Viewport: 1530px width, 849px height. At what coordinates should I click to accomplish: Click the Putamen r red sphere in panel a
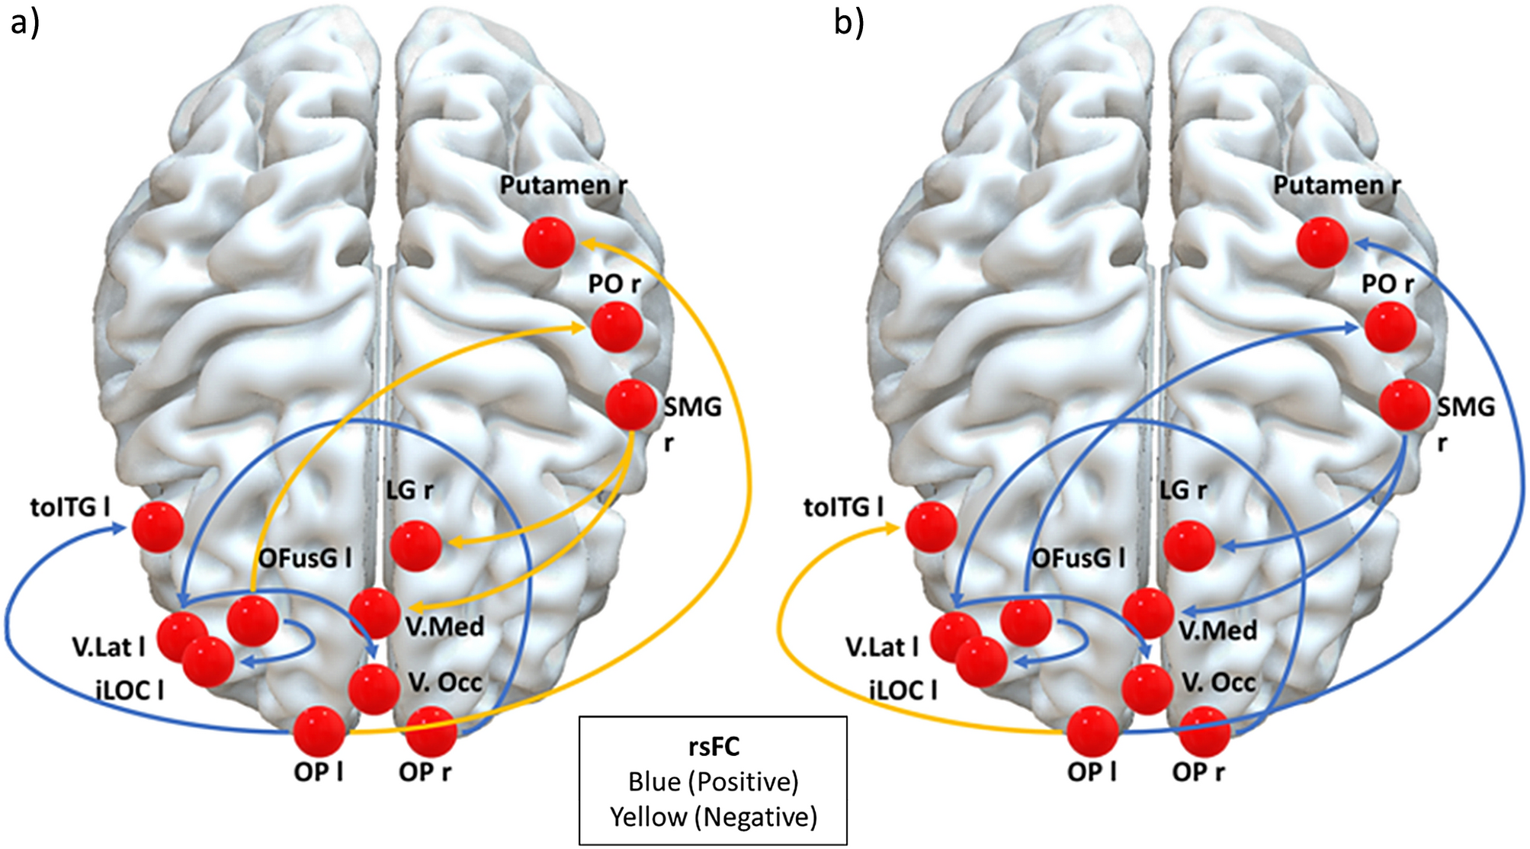click(549, 242)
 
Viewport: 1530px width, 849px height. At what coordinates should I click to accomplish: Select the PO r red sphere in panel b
click(1390, 327)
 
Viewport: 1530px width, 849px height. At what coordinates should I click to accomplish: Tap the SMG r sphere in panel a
click(631, 405)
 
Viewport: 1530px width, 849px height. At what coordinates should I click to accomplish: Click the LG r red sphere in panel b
click(1189, 546)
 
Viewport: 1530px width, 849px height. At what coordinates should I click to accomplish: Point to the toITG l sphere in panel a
click(158, 527)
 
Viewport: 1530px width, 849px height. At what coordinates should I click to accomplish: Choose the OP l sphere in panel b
click(1092, 732)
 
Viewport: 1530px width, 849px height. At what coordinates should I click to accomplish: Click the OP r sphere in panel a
click(431, 732)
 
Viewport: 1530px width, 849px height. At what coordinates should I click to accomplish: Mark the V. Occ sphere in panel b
click(1148, 689)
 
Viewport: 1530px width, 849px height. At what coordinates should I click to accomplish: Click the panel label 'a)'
click(24, 23)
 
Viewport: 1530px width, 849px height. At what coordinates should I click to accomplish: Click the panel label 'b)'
click(849, 23)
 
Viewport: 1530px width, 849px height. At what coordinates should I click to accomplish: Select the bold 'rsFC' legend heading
click(714, 746)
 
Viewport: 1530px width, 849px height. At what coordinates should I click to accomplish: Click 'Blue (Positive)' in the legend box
click(714, 782)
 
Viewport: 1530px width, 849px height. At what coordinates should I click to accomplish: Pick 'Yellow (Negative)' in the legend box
click(714, 817)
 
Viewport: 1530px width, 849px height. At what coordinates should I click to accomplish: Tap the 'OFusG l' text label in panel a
click(305, 559)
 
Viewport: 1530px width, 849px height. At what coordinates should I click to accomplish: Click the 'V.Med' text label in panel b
click(1217, 630)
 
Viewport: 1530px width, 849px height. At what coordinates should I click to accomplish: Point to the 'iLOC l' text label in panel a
click(130, 690)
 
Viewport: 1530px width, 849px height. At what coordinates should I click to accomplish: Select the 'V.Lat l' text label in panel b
click(881, 648)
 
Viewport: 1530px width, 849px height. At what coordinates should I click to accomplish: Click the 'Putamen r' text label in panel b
click(1336, 185)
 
